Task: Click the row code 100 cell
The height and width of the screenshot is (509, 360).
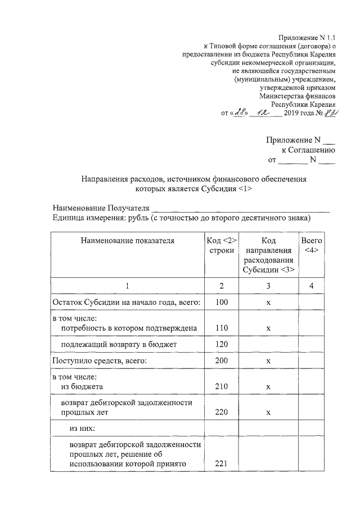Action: tap(221, 303)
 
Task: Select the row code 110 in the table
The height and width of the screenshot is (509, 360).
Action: tap(221, 327)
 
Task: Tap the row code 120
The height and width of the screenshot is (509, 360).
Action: tap(221, 343)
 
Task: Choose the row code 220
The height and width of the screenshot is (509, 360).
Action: tap(221, 412)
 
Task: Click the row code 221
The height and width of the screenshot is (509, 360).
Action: tap(221, 463)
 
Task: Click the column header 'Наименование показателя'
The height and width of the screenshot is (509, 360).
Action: tap(127, 241)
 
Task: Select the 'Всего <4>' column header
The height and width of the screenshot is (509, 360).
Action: tap(312, 245)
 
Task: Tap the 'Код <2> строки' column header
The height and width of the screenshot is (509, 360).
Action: tap(221, 245)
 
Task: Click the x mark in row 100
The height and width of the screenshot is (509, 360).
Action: tap(268, 303)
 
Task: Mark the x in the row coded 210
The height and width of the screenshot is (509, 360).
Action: tap(268, 387)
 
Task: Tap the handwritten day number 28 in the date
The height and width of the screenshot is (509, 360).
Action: tap(243, 112)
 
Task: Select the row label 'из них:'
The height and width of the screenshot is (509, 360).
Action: tap(82, 429)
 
